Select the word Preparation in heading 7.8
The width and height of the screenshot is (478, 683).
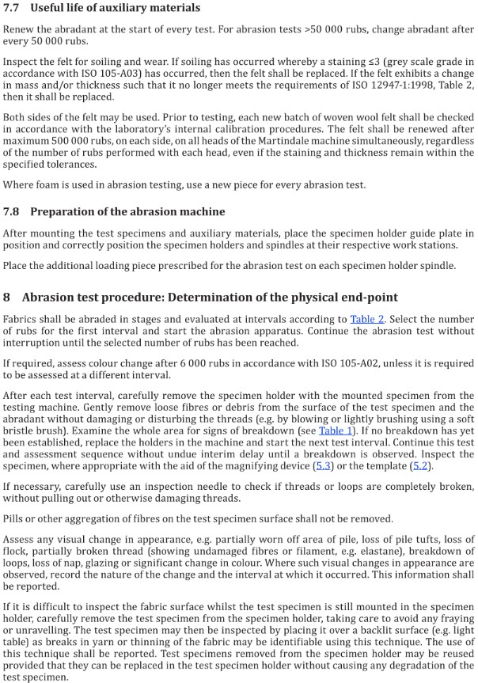pyautogui.click(x=66, y=211)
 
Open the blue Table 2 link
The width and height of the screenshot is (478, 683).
pyautogui.click(x=366, y=319)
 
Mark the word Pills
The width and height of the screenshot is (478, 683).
pyautogui.click(x=14, y=518)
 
